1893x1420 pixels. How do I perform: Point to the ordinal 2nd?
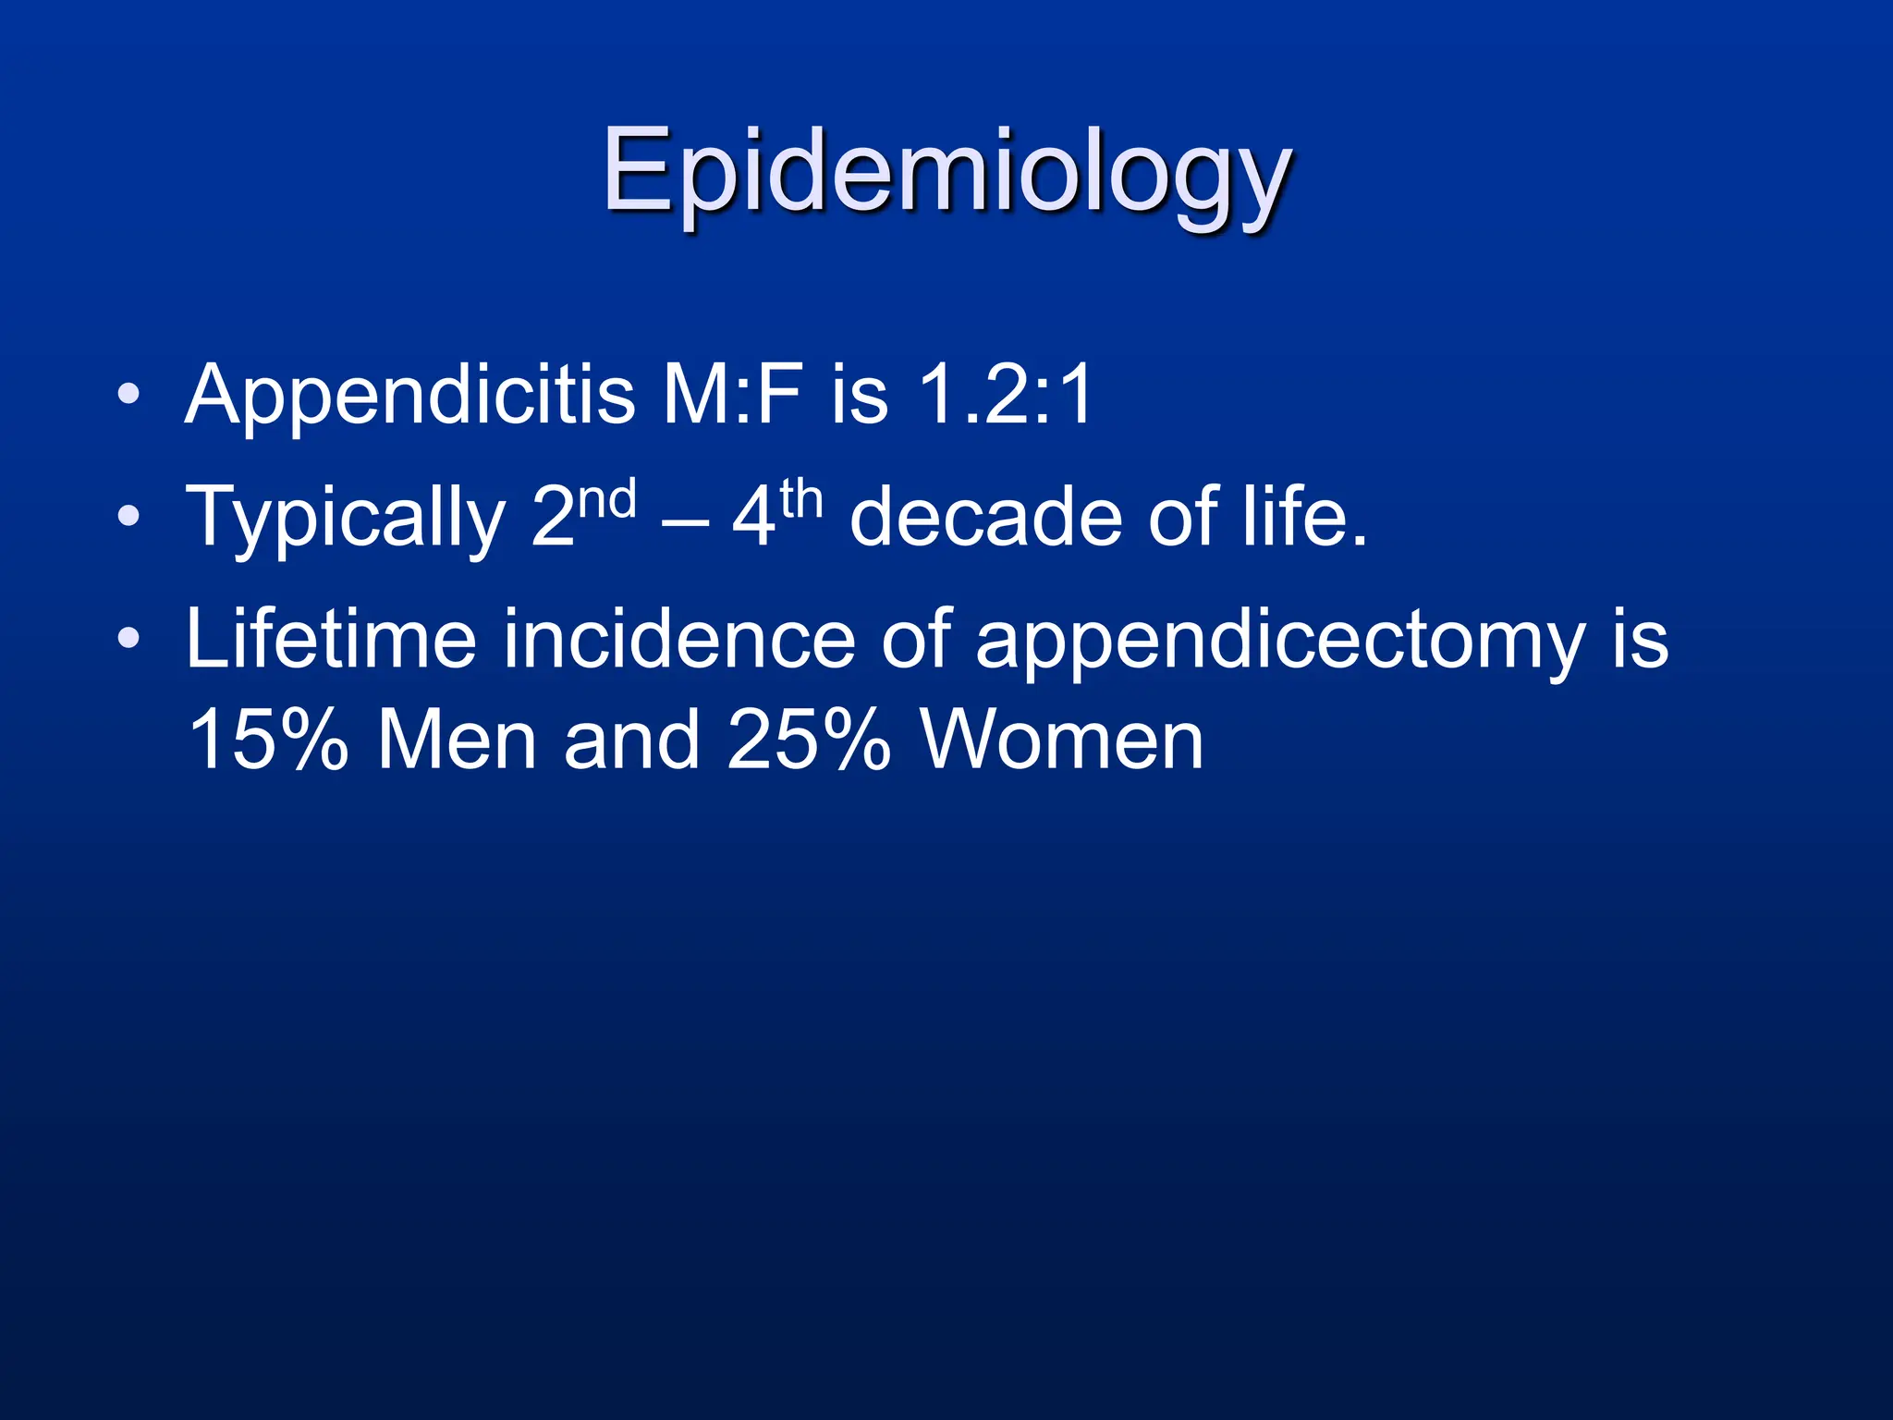click(x=583, y=513)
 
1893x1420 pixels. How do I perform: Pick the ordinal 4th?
click(x=776, y=513)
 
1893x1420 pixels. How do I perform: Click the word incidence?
click(x=679, y=640)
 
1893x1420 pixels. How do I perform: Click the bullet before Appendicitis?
click(x=129, y=396)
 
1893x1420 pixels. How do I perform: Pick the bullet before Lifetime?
click(x=129, y=638)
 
